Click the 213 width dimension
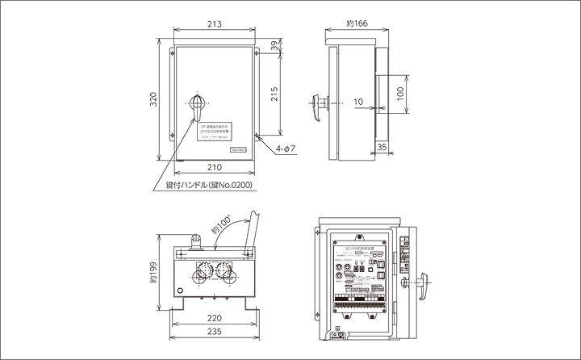tap(214, 24)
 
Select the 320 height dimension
tap(153, 103)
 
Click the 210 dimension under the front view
tap(214, 167)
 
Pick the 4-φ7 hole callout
tap(286, 149)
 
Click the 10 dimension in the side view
tap(358, 103)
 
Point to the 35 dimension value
tap(382, 148)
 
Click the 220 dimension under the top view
tap(214, 318)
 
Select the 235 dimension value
tap(214, 333)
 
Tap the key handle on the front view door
tap(196, 103)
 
